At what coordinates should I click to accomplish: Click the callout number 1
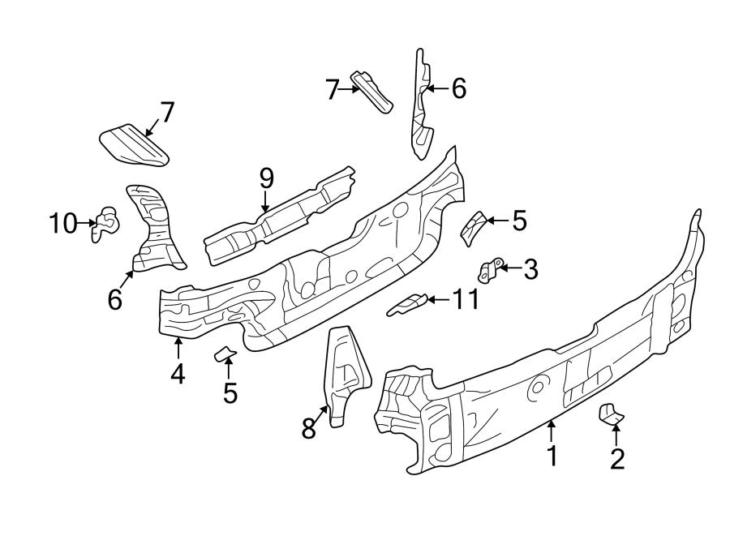click(x=552, y=456)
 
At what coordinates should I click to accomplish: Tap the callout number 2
click(x=617, y=459)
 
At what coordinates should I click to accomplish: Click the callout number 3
click(x=530, y=269)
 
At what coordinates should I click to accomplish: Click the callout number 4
click(x=178, y=374)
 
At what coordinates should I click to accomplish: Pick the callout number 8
click(x=308, y=428)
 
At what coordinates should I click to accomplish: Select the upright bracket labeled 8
click(x=344, y=373)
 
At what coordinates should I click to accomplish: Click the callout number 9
click(x=266, y=178)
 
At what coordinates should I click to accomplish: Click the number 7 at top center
click(x=332, y=89)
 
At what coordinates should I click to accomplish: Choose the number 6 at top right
click(x=458, y=88)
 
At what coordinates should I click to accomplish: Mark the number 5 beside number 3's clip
click(x=519, y=220)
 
